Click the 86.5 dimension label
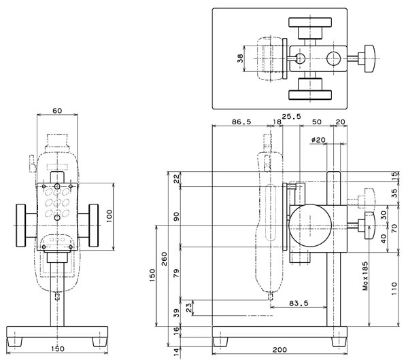coord(241,122)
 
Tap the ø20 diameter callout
coord(318,140)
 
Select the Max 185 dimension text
coord(365,276)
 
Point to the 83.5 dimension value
coord(299,303)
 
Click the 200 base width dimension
coord(279,350)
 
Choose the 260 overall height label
coord(164,259)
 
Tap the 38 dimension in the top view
coord(240,58)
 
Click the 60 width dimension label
coord(57,111)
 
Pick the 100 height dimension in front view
coord(109,216)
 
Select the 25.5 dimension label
coord(292,116)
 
